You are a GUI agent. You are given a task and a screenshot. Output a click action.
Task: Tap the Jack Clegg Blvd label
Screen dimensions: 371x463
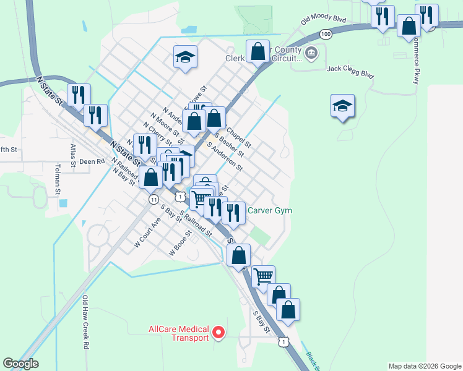(x=350, y=72)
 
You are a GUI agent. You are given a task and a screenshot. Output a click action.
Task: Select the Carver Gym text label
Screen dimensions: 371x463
(x=269, y=210)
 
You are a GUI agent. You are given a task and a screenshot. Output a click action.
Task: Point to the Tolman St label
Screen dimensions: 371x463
(x=58, y=177)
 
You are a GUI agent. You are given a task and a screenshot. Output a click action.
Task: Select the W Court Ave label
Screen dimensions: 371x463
(x=147, y=232)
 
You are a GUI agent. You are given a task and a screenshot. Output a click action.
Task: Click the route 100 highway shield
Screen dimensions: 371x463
(x=326, y=34)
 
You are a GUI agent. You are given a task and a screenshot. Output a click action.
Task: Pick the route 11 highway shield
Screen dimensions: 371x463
(x=152, y=199)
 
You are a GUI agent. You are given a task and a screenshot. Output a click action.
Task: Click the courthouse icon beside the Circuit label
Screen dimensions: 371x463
(x=311, y=54)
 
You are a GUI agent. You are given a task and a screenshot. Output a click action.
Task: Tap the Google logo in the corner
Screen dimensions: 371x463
(x=21, y=364)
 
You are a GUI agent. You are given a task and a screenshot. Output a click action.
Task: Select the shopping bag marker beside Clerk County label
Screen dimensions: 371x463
(x=257, y=52)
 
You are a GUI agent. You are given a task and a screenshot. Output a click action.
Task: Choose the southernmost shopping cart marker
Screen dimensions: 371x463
(x=264, y=276)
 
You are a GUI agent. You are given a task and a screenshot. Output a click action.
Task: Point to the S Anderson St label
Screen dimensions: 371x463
(x=225, y=157)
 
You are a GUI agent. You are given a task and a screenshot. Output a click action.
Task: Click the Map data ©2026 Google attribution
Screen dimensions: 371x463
(x=424, y=366)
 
